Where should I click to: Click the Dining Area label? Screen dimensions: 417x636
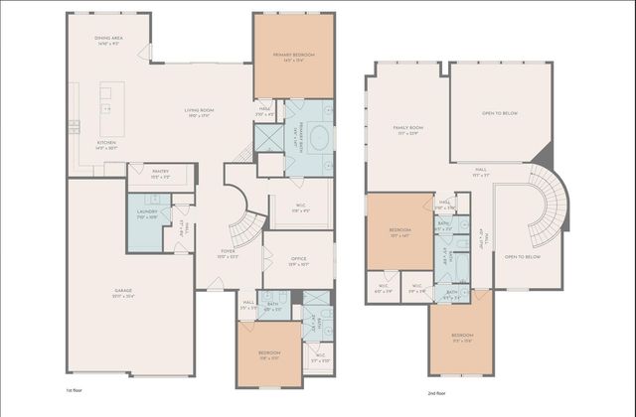(107, 41)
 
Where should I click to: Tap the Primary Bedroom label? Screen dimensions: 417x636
(294, 58)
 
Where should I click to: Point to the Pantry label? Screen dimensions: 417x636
(160, 174)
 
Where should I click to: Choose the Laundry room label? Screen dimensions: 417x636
(146, 213)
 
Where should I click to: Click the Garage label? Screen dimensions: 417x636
(123, 293)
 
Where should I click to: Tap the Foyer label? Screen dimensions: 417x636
(229, 253)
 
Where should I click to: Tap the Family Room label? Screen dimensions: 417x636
(407, 129)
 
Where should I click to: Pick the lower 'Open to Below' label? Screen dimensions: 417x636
(522, 256)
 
